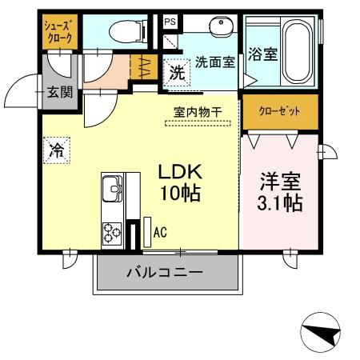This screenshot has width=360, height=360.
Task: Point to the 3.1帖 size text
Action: [x=279, y=202]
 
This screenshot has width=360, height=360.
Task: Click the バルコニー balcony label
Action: [x=164, y=273]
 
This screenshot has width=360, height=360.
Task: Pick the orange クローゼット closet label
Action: [x=279, y=110]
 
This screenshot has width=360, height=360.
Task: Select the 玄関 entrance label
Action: [x=60, y=92]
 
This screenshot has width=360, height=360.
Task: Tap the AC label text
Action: [x=160, y=233]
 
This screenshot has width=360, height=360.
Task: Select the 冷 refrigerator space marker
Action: [x=58, y=150]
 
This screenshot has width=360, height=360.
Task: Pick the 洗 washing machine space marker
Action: [x=175, y=73]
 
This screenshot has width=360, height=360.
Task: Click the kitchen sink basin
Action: [x=111, y=192]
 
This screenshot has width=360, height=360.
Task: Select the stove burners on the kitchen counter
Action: [x=110, y=232]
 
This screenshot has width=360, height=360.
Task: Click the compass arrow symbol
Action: [x=323, y=331]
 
